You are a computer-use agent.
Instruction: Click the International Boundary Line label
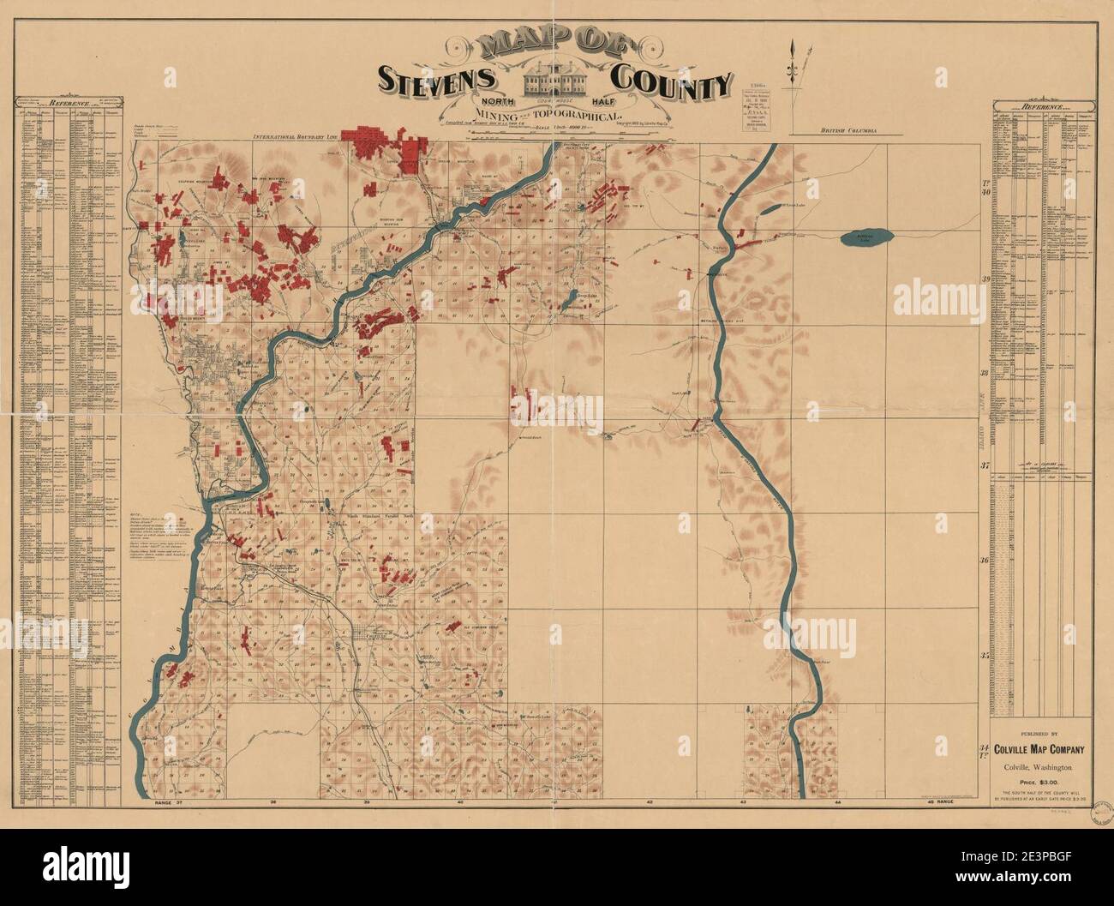click(x=296, y=136)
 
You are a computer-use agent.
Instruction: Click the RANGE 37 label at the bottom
click(x=165, y=803)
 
